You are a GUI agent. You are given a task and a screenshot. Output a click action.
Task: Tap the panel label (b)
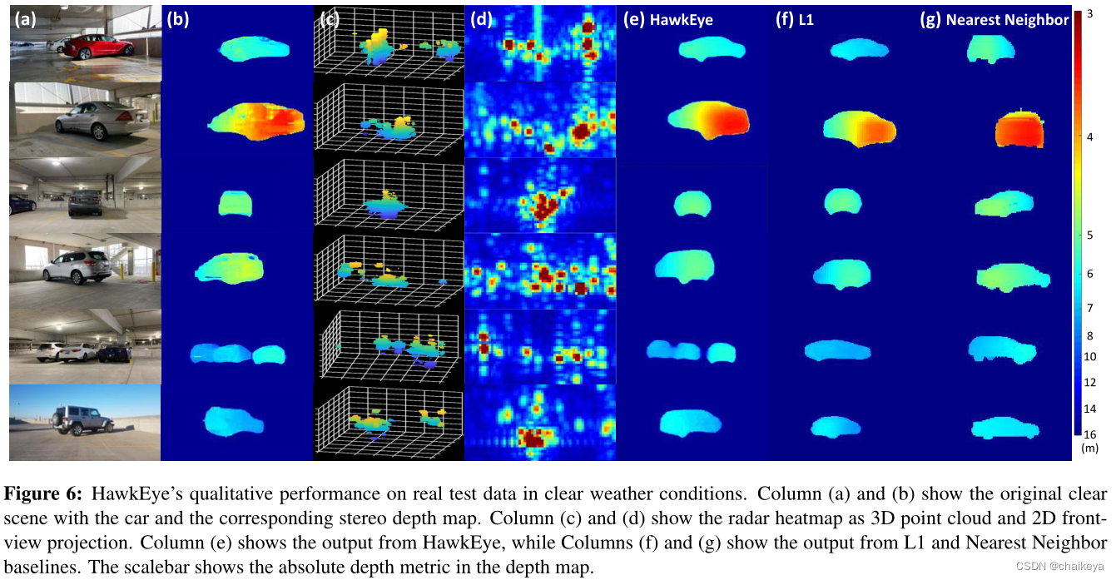(x=177, y=21)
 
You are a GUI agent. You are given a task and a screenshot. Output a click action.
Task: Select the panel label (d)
(x=481, y=21)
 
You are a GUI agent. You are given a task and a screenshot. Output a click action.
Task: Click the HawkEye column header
(x=668, y=21)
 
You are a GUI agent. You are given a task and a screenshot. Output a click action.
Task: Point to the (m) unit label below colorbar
(x=1090, y=448)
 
